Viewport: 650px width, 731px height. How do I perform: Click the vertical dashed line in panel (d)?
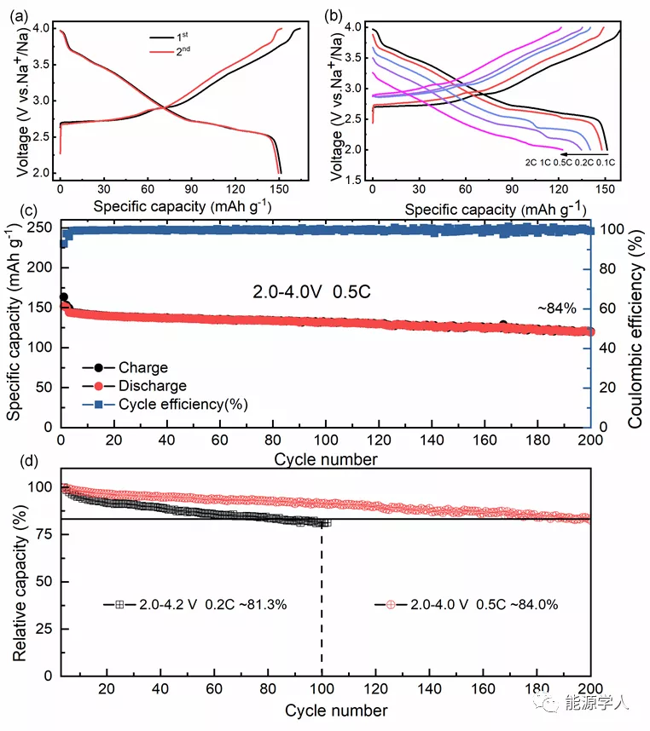[x=322, y=596]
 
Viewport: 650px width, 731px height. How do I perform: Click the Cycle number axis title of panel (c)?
[x=325, y=459]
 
